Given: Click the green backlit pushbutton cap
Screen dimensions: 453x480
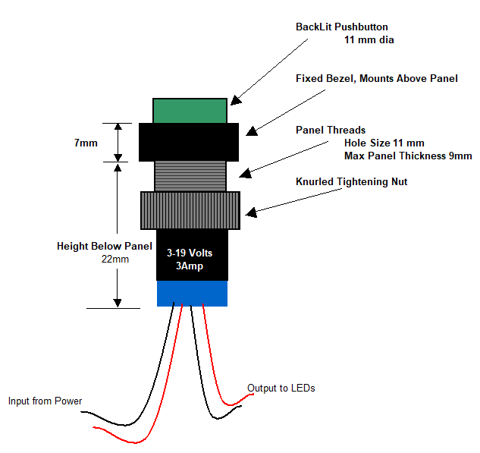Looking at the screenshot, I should pos(190,111).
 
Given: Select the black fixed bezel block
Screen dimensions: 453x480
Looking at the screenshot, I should pos(189,142).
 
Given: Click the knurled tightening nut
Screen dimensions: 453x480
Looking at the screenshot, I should pos(190,210).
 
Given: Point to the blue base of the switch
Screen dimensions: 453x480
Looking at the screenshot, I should pos(193,293).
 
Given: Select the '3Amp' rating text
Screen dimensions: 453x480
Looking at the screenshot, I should pos(190,266).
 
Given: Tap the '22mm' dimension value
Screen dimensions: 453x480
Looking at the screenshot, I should pos(115,259).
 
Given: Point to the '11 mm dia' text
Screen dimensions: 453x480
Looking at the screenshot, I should pos(369,39).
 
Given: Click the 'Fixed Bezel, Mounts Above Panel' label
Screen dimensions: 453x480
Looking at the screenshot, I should pos(376,78).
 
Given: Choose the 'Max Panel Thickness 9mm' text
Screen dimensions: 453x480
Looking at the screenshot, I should pos(408,156).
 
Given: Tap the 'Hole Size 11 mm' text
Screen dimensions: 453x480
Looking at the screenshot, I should pos(384,143).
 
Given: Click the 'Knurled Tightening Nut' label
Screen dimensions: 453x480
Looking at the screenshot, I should pos(351,181).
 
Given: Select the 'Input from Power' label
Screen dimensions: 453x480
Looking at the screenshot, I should pos(45,401).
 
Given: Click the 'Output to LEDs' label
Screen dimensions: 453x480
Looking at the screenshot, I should pos(281,388).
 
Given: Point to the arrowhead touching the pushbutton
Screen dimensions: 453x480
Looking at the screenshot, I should pos(235,99).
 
